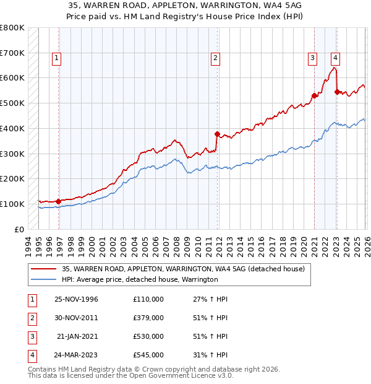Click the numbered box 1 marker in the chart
click(56, 59)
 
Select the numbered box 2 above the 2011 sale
click(215, 59)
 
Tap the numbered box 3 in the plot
click(312, 59)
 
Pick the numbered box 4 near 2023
click(335, 59)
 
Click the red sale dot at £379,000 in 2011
click(217, 134)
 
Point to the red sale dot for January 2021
click(314, 95)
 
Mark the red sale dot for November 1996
click(58, 201)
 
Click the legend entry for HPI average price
click(140, 280)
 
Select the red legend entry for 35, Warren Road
click(183, 269)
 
